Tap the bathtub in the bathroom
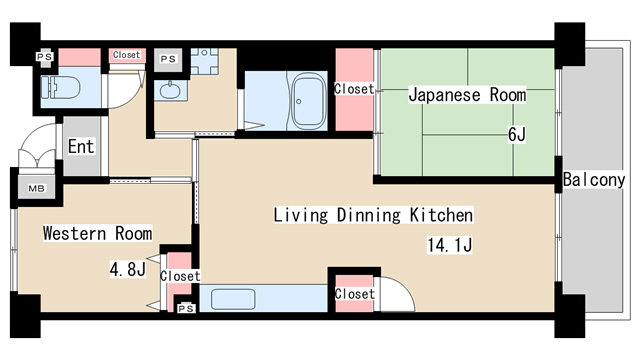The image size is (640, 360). tap(305, 101)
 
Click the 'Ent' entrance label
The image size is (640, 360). tap(81, 147)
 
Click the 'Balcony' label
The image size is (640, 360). tap(594, 180)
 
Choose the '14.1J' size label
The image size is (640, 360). tap(450, 242)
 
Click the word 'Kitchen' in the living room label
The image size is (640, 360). tap(441, 215)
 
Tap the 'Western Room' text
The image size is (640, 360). tap(97, 234)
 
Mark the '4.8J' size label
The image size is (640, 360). tap(128, 268)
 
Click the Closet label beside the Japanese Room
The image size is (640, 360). tap(353, 89)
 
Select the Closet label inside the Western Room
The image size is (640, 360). tap(180, 276)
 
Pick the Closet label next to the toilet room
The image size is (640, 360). tap(127, 55)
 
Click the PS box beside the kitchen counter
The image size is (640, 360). tap(185, 308)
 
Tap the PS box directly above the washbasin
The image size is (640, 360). tap(169, 59)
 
